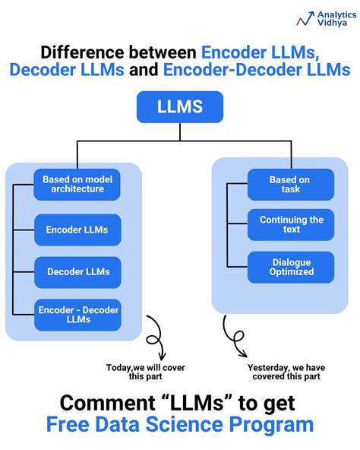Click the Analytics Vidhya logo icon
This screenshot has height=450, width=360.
tap(307, 18)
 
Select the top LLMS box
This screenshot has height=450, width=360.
tap(180, 106)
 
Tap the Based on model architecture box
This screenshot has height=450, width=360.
tap(77, 184)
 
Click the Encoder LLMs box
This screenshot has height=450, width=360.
tap(77, 229)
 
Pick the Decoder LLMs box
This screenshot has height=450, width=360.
tap(77, 271)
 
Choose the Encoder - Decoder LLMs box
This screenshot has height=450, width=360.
tap(77, 314)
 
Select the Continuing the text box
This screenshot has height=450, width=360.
tap(290, 224)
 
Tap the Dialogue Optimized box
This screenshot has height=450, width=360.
tap(290, 267)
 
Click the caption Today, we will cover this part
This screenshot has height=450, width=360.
tap(145, 372)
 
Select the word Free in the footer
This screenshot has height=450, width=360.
tap(71, 424)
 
